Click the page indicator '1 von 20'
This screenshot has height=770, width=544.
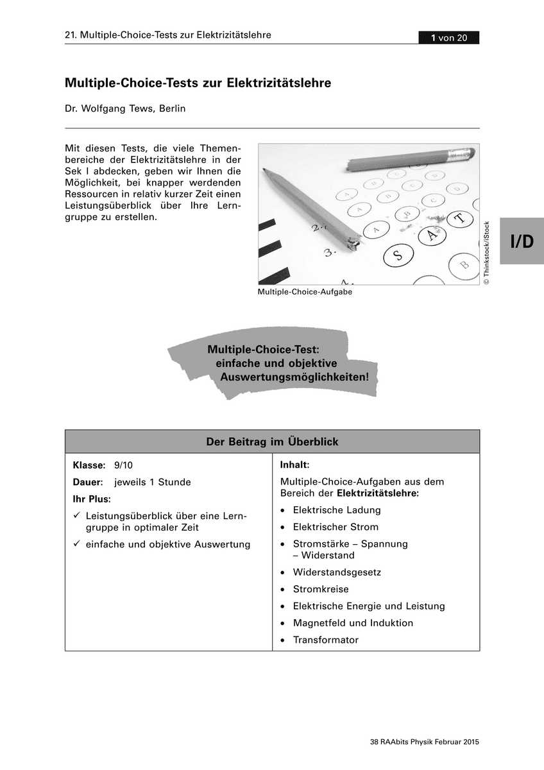[448, 38]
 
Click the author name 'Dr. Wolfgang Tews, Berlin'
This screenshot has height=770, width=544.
[125, 108]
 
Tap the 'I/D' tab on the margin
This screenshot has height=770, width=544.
[522, 241]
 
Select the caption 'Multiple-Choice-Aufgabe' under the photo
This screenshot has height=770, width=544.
[305, 291]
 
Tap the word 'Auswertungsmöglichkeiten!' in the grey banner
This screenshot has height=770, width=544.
[294, 377]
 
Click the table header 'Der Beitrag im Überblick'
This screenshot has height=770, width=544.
[272, 441]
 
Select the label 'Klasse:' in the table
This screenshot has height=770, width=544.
[89, 465]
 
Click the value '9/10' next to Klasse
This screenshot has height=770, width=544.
[123, 465]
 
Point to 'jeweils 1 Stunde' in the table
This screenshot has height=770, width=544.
[153, 482]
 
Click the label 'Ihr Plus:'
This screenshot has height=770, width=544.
[92, 499]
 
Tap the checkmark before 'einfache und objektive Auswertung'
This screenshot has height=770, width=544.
[76, 544]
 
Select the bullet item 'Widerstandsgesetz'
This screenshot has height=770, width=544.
[328, 572]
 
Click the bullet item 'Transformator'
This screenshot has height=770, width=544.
[325, 640]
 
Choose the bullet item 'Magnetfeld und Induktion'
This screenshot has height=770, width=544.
[353, 622]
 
